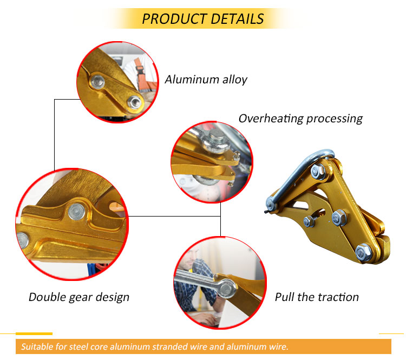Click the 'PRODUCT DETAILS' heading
202,18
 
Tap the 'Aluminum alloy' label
206,80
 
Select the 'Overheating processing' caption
300,118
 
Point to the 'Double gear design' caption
79,297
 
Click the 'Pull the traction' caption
317,297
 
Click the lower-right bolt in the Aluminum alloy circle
133,101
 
